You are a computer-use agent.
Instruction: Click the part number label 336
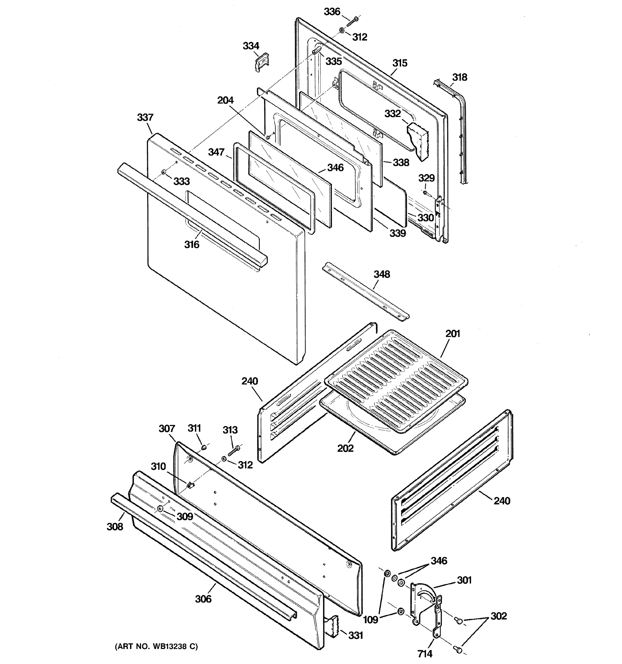(332, 12)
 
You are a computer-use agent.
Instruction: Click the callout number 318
(459, 77)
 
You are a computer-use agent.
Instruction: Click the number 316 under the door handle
(192, 245)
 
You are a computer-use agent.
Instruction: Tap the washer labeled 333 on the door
(163, 172)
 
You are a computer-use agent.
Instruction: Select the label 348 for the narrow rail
(381, 274)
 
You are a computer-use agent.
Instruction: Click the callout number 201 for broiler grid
(453, 333)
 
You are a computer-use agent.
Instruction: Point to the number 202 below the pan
(345, 448)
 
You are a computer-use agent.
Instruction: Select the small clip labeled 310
(190, 485)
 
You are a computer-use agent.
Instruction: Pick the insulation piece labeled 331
(332, 626)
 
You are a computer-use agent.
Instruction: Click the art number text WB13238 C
(156, 646)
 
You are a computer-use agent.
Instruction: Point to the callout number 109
(370, 619)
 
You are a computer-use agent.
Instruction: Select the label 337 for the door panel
(145, 117)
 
